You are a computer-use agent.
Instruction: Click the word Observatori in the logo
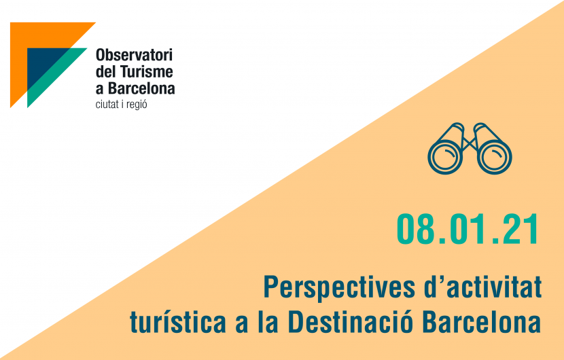(134, 55)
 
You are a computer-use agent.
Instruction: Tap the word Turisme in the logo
(146, 71)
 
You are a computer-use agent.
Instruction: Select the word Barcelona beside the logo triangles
(141, 88)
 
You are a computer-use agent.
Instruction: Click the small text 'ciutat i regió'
(121, 105)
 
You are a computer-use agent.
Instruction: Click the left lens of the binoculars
(444, 157)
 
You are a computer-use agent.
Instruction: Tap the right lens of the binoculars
(495, 157)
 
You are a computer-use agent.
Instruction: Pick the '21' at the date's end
(519, 230)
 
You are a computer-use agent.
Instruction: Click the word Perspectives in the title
(339, 288)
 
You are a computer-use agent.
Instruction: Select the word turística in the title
(177, 321)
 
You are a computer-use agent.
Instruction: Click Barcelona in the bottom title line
(482, 321)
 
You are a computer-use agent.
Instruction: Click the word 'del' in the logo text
(106, 71)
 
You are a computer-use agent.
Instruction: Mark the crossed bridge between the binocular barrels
(470, 143)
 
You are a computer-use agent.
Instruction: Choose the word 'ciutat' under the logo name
(107, 105)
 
